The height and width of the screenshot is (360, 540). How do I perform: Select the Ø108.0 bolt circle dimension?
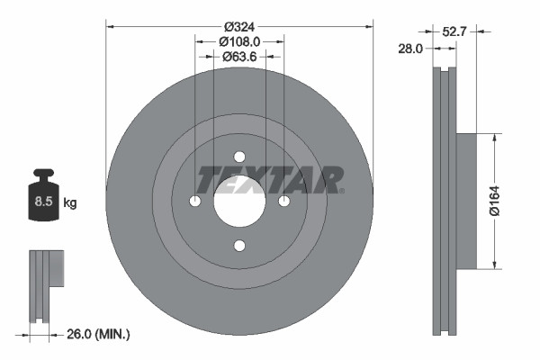(x=238, y=40)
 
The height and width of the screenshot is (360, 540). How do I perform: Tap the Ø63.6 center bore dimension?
(x=238, y=56)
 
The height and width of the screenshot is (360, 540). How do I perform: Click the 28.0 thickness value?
(x=409, y=49)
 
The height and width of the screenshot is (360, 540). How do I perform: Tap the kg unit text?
(x=70, y=203)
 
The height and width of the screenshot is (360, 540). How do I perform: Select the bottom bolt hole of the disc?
(x=239, y=246)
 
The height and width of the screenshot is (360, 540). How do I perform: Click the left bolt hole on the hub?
(x=195, y=201)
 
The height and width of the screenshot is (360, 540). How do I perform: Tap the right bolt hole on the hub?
(x=283, y=201)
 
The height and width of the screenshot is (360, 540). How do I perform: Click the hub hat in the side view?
(x=464, y=201)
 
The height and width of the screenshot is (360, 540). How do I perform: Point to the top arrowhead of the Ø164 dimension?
(x=494, y=138)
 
